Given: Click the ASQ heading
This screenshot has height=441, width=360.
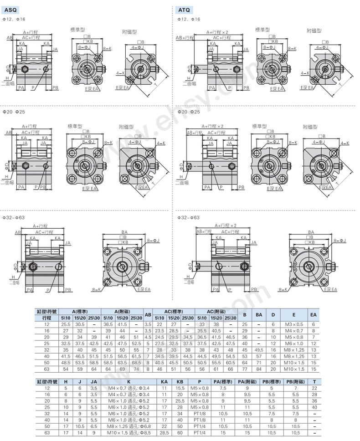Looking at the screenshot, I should (11, 9).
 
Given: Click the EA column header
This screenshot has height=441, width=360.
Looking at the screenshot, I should (313, 314).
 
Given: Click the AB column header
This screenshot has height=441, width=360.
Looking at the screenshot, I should (148, 314).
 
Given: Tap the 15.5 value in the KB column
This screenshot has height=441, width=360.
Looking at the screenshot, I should (180, 388).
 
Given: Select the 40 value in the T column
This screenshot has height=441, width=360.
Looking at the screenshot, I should (314, 407).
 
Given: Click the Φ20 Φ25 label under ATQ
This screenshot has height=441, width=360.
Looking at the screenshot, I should (188, 112).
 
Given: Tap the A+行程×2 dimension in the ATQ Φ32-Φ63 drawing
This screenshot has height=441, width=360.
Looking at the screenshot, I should (226, 225).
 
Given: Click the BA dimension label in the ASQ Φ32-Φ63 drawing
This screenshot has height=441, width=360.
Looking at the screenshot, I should (124, 231).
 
